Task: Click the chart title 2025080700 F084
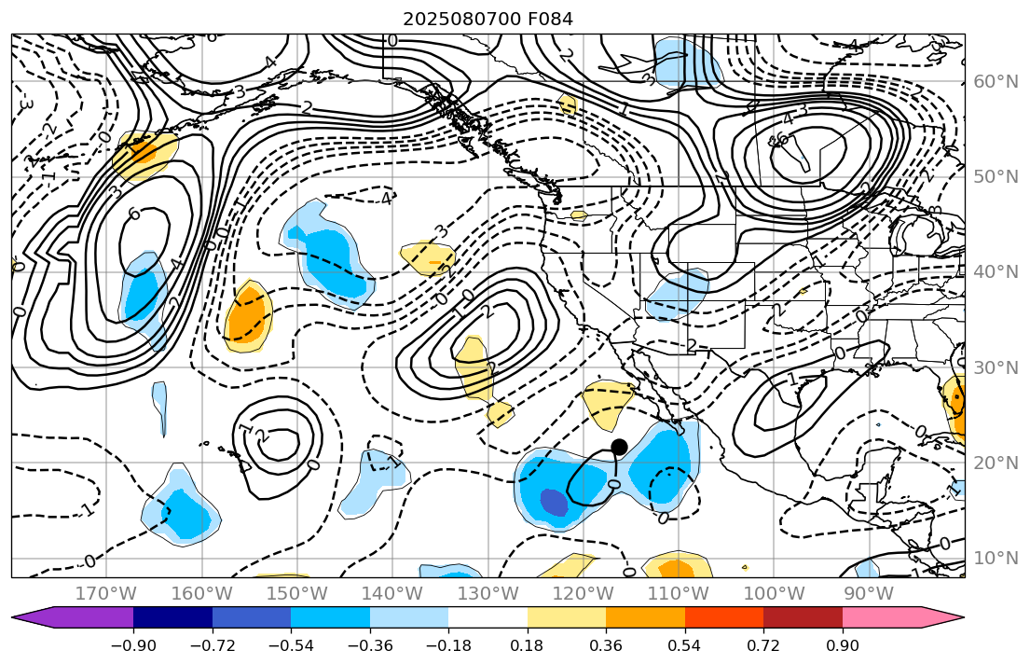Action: pos(488,19)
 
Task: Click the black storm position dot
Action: pos(619,447)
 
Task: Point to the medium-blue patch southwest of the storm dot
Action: pos(554,503)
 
